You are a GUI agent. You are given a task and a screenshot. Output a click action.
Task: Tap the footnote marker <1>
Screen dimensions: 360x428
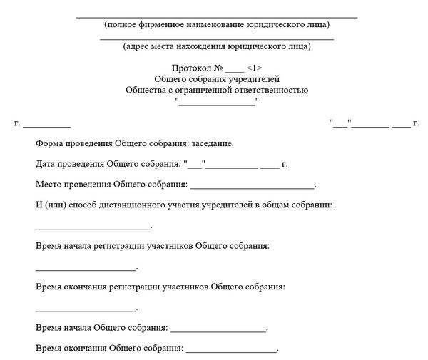pyautogui.click(x=255, y=68)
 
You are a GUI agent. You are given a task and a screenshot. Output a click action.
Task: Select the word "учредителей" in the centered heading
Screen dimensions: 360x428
pyautogui.click(x=255, y=79)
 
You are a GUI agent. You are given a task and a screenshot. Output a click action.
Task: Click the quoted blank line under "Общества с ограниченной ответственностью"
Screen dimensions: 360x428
pyautogui.click(x=216, y=104)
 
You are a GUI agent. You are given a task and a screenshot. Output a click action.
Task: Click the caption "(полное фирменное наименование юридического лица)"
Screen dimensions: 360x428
pyautogui.click(x=216, y=24)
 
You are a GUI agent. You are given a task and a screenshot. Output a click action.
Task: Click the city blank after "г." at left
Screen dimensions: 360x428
pyautogui.click(x=46, y=126)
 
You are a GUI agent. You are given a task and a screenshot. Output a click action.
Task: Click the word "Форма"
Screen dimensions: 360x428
pyautogui.click(x=49, y=143)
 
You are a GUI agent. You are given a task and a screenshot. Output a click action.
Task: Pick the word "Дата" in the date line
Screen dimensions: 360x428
pyautogui.click(x=46, y=164)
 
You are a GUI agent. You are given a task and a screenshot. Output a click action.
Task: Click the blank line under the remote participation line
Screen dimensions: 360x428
pyautogui.click(x=93, y=228)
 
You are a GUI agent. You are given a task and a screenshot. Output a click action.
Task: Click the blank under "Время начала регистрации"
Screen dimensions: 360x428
pyautogui.click(x=86, y=269)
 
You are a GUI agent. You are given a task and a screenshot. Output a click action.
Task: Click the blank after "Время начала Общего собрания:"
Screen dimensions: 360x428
pyautogui.click(x=218, y=331)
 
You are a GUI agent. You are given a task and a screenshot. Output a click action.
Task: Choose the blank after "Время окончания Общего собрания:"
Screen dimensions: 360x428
pyautogui.click(x=230, y=351)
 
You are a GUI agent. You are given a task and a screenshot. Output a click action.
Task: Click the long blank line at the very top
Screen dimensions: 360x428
pyautogui.click(x=216, y=16)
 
